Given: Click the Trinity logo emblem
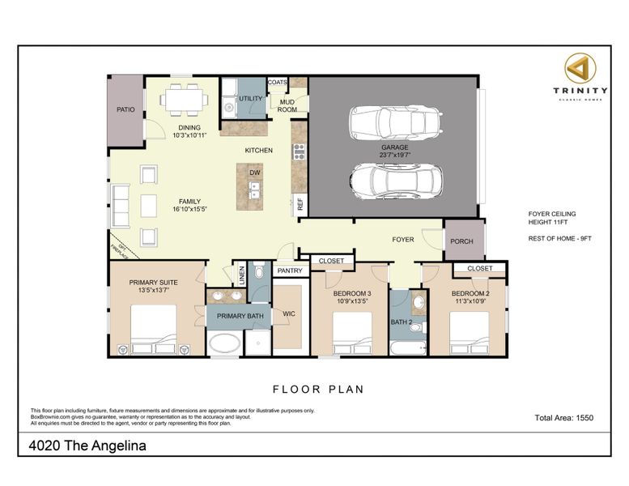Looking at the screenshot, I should (580, 68).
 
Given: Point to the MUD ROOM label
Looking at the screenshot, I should (287, 105).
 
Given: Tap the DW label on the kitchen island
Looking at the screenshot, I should (254, 173).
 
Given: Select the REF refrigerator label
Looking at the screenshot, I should (300, 205).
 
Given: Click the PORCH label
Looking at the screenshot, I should (462, 240).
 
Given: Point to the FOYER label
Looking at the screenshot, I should (403, 240).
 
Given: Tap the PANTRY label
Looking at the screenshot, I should (289, 271).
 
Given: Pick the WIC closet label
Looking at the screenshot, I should (288, 314).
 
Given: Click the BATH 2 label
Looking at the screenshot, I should (402, 322).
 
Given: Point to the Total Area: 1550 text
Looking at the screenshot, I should (564, 418).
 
